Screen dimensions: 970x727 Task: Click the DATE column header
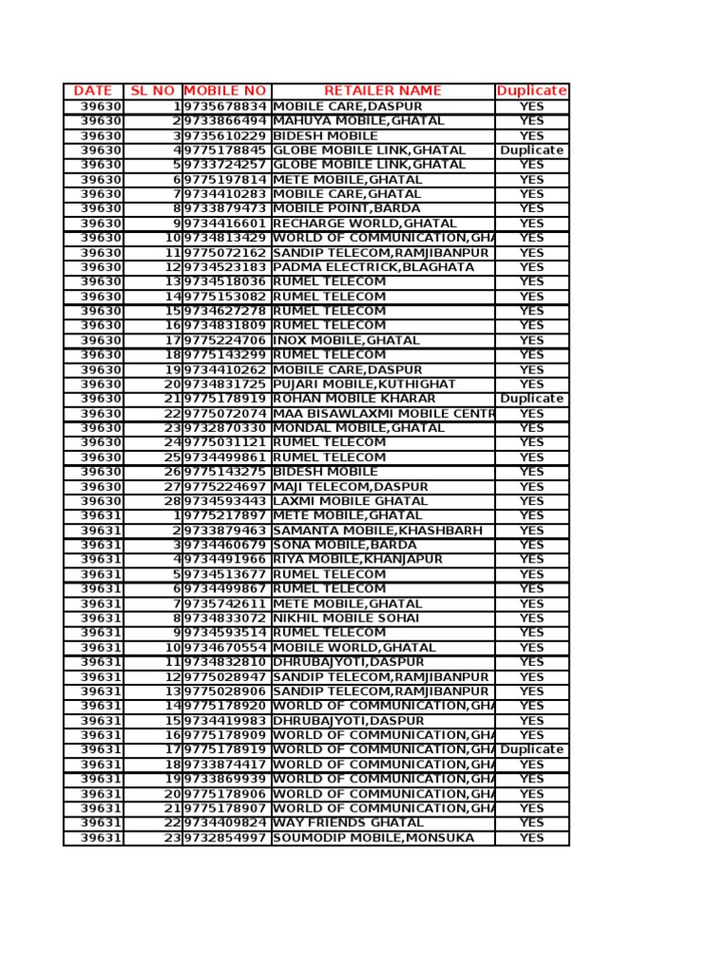pyautogui.click(x=93, y=91)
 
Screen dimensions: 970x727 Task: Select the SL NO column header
pyautogui.click(x=152, y=91)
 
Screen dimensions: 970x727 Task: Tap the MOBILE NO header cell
pyautogui.click(x=225, y=91)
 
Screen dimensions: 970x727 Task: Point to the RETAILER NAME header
pyautogui.click(x=382, y=91)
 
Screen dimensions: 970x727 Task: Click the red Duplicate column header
pyautogui.click(x=531, y=91)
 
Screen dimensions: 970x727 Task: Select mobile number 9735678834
pyautogui.click(x=225, y=107)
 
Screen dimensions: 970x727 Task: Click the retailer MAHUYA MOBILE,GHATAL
pyautogui.click(x=357, y=121)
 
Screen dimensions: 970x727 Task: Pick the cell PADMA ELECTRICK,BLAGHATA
pyautogui.click(x=373, y=267)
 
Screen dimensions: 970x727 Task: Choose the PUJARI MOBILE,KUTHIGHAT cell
pyautogui.click(x=364, y=384)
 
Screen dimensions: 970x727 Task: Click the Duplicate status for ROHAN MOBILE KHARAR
pyautogui.click(x=531, y=399)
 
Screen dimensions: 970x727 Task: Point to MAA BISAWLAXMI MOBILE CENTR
pyautogui.click(x=382, y=413)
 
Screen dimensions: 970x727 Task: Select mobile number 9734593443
pyautogui.click(x=225, y=501)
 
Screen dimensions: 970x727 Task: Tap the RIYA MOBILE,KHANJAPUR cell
pyautogui.click(x=358, y=559)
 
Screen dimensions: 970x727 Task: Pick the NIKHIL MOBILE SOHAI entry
pyautogui.click(x=346, y=618)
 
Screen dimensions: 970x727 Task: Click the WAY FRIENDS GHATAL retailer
pyautogui.click(x=346, y=822)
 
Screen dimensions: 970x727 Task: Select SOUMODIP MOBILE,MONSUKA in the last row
pyautogui.click(x=373, y=837)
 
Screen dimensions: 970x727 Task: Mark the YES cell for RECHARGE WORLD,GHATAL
pyautogui.click(x=531, y=224)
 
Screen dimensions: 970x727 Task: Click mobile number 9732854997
pyautogui.click(x=225, y=837)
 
